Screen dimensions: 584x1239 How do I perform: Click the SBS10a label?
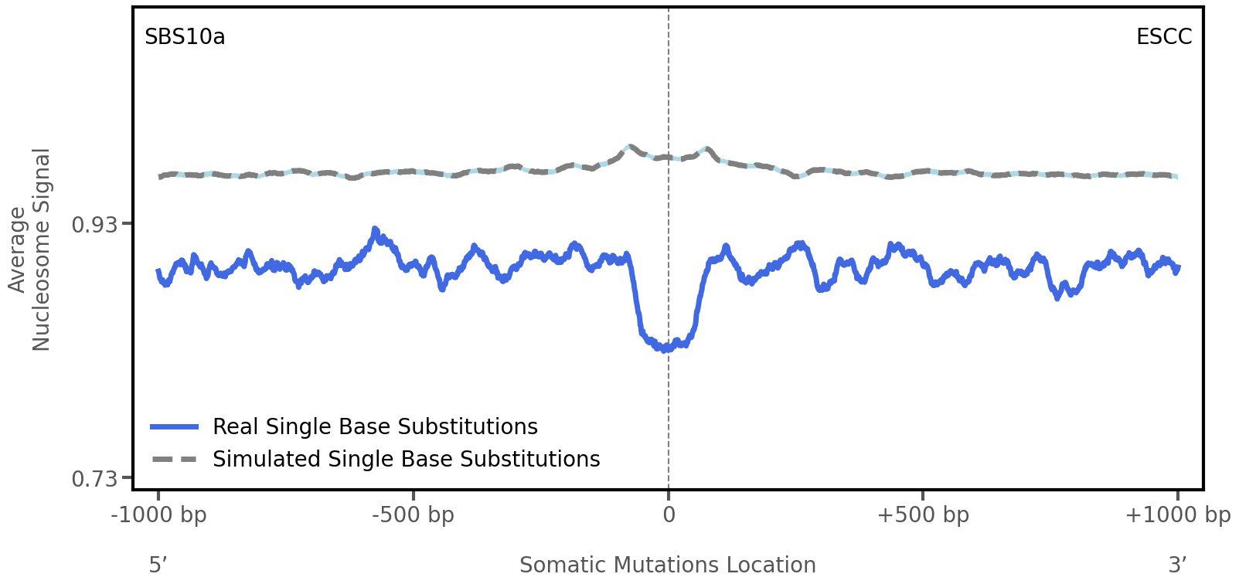pos(185,37)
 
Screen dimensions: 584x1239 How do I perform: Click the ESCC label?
pos(1163,37)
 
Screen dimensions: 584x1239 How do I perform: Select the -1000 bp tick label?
pos(159,515)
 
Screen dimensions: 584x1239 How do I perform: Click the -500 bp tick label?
pos(413,515)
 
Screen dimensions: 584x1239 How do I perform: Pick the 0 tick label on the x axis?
pos(669,515)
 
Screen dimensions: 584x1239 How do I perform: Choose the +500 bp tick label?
pos(923,515)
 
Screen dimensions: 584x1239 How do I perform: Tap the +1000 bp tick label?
pos(1177,515)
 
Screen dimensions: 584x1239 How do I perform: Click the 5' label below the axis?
pos(158,565)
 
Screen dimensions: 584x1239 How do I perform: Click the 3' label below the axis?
pos(1177,565)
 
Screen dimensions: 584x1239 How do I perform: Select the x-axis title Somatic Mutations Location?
pos(668,565)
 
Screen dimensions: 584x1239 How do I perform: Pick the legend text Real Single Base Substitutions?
pos(375,426)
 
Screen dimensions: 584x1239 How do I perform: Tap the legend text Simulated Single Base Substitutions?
pos(406,459)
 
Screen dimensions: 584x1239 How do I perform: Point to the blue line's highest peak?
pos(375,229)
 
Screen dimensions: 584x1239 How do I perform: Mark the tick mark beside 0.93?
pos(125,224)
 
